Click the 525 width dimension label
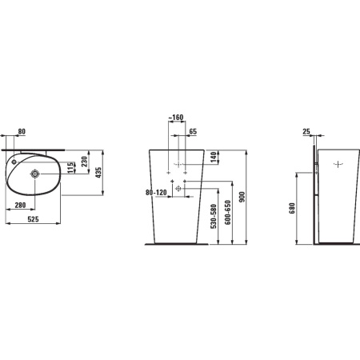34,219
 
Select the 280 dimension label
20,205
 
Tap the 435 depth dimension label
98,173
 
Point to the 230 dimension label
84,162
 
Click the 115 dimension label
70,168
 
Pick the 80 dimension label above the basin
22,131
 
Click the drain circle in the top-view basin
35,174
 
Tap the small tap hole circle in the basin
14,162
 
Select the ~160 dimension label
176,118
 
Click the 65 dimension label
193,131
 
